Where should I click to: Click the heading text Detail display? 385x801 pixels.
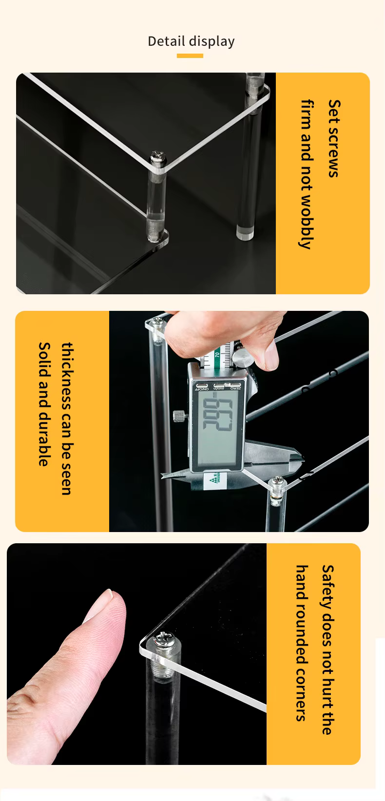tap(191, 41)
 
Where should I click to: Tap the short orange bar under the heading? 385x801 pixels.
tap(190, 56)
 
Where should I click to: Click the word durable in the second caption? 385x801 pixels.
tap(44, 439)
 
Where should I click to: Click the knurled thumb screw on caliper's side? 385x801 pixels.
tap(179, 416)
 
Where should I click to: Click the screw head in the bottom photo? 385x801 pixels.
tap(161, 639)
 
